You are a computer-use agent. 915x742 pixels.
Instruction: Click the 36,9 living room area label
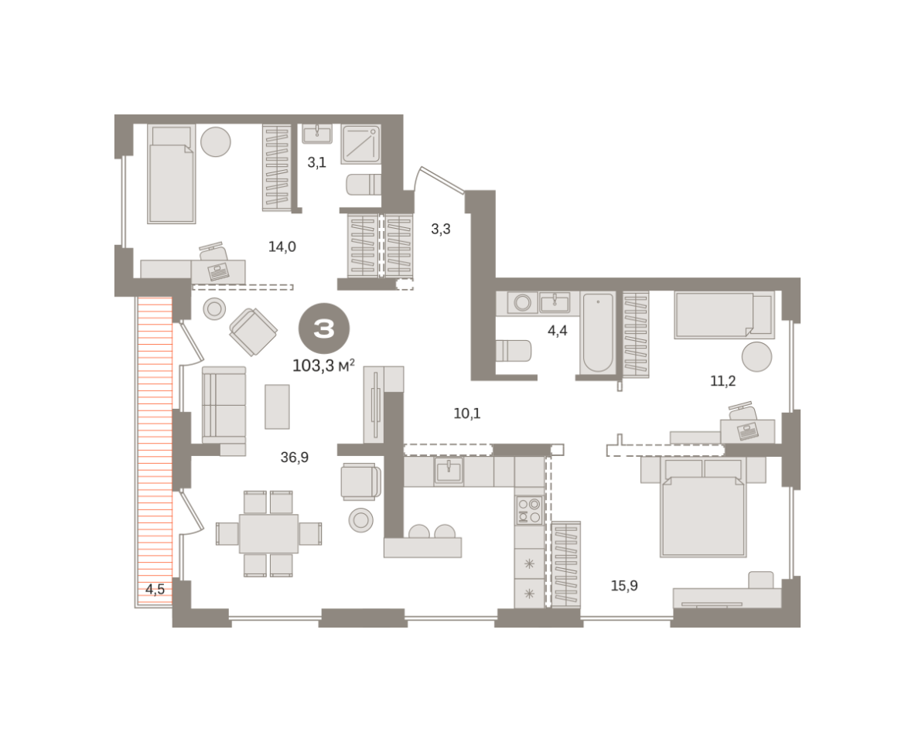pos(294,458)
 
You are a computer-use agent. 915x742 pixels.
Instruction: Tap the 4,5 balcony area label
pos(155,589)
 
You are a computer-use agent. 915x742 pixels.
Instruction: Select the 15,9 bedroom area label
pos(624,586)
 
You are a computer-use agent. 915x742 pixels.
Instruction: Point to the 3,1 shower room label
pos(317,163)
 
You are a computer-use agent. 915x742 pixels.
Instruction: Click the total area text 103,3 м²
pos(323,366)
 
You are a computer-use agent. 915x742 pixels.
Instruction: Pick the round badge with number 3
pos(324,329)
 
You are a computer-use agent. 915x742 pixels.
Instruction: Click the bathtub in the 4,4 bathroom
pos(598,332)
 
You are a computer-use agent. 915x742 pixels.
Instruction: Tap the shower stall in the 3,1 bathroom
pos(361,144)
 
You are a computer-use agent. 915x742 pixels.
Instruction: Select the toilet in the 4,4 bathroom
pos(514,351)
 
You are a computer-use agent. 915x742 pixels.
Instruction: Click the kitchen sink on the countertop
pos(449,471)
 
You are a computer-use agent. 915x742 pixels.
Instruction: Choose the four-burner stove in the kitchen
pos(529,510)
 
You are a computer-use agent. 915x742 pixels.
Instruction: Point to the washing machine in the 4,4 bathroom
pos(522,303)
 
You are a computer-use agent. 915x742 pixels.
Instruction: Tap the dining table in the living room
pos(268,534)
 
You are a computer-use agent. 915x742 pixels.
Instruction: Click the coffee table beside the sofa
pos(277,407)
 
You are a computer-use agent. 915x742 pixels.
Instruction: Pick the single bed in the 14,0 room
pos(171,174)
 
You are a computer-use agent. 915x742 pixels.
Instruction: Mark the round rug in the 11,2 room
pos(757,356)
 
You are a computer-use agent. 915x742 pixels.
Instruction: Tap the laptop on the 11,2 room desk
pos(747,431)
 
